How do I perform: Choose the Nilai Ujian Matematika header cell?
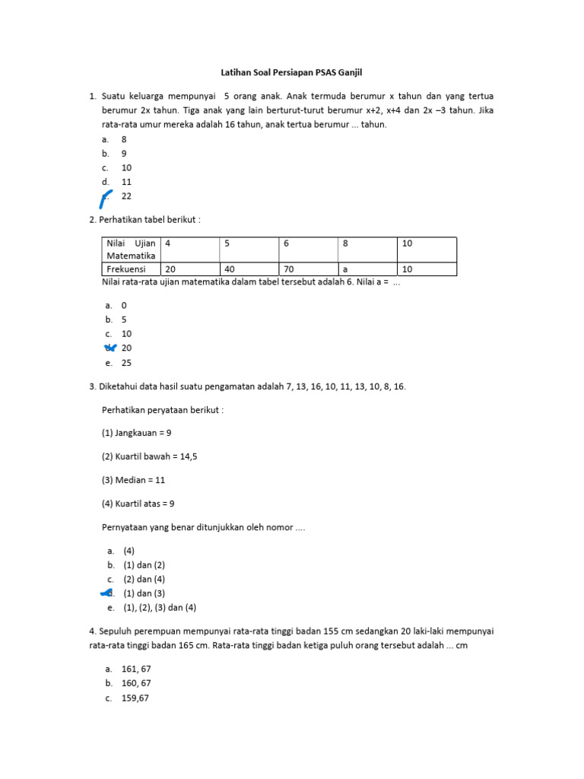tap(131, 250)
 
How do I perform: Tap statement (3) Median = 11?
tap(134, 480)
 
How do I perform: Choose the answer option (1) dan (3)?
tap(144, 593)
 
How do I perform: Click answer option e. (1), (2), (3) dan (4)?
tap(160, 608)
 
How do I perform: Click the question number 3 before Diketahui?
tap(92, 386)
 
